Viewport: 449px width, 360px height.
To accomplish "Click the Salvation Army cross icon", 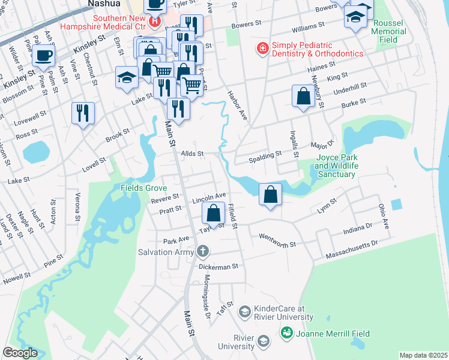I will (x=203, y=250).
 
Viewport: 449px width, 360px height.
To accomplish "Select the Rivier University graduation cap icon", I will (x=263, y=342).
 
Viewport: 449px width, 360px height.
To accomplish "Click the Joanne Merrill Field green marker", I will (x=286, y=333).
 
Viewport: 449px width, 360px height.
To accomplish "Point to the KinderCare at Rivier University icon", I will (x=244, y=311).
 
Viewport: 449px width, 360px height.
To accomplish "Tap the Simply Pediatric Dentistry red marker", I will (x=262, y=48).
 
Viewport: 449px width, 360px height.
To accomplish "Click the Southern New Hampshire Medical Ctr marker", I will (x=155, y=22).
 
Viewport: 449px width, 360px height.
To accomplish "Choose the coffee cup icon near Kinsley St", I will (x=44, y=57).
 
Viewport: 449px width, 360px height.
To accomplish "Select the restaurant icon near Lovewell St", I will (x=83, y=112).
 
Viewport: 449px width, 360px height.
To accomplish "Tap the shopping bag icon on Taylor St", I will (x=214, y=213).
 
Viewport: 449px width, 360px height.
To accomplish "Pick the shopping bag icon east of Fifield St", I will (x=271, y=194).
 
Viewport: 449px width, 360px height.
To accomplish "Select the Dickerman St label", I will (x=218, y=265).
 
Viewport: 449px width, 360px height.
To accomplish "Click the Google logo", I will (x=20, y=353).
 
